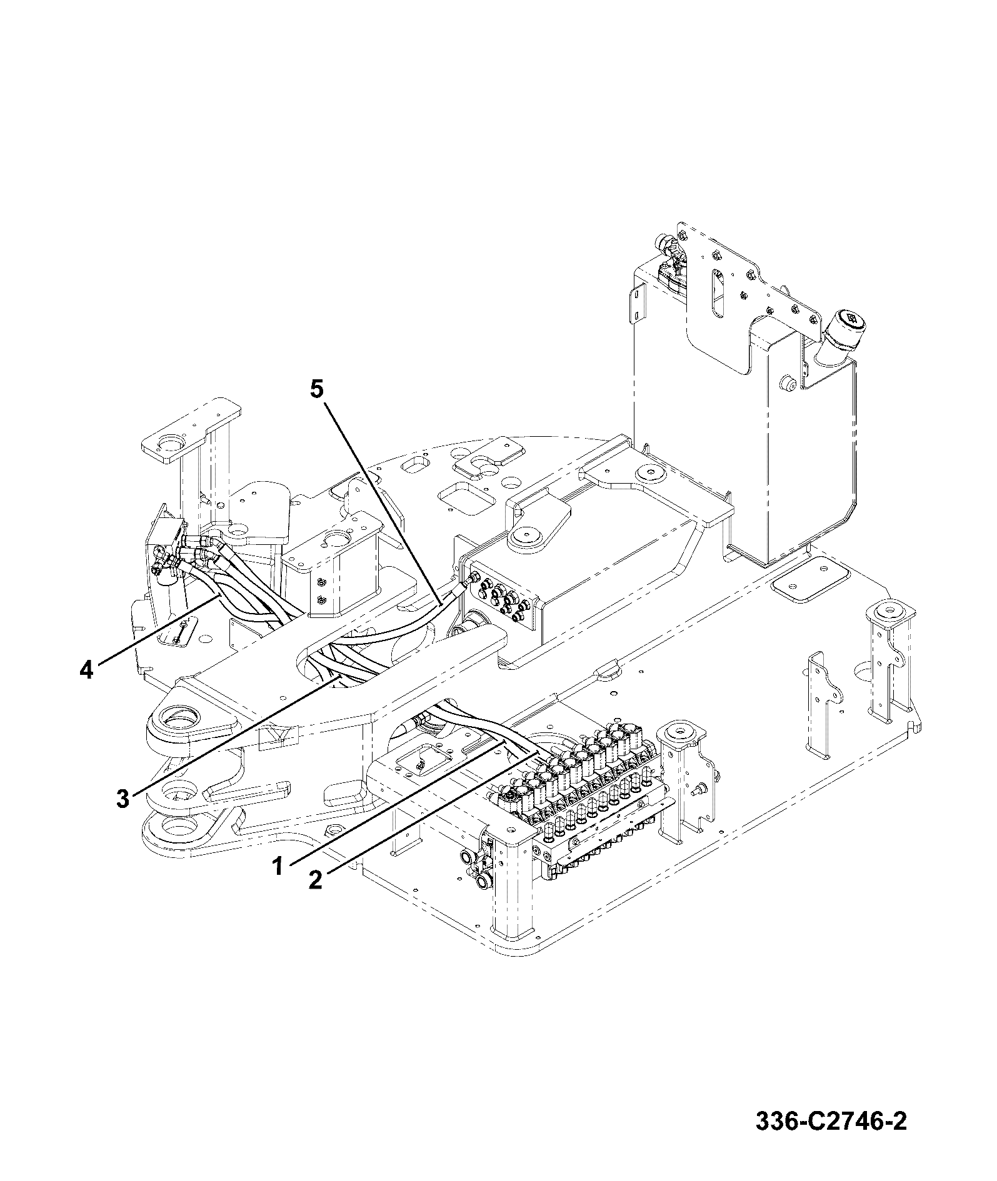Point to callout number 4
[86, 670]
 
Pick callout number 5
[317, 389]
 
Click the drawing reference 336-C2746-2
[831, 1121]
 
